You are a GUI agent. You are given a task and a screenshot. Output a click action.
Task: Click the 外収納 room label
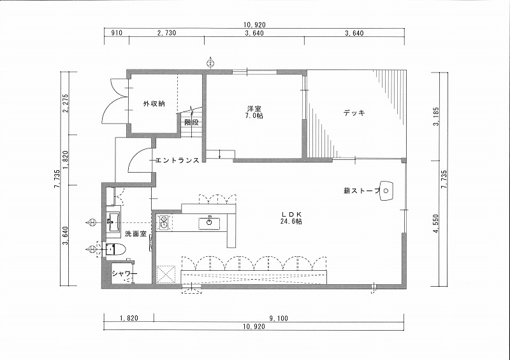(x=154, y=104)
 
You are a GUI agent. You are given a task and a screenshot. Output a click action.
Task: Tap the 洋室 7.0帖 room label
(x=254, y=112)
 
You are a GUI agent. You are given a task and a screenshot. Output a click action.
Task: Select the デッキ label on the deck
(x=354, y=113)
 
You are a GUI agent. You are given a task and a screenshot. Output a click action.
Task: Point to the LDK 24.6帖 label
(x=292, y=218)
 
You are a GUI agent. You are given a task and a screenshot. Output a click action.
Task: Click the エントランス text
(x=177, y=160)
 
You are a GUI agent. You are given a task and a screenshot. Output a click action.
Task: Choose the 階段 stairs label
(x=191, y=122)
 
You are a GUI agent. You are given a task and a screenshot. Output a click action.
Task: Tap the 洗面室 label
(x=136, y=233)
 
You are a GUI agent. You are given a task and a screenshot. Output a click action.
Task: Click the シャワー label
(x=124, y=273)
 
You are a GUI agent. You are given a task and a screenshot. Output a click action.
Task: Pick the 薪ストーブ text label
(x=361, y=191)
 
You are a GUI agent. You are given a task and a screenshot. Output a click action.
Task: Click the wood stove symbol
(x=386, y=190)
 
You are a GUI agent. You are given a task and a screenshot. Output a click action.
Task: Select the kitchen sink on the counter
(x=209, y=223)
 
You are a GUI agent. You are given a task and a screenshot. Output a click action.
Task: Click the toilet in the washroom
(x=115, y=250)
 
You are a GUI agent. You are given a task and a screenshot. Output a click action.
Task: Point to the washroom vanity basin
(x=113, y=222)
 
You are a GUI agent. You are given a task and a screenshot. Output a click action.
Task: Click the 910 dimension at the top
(x=117, y=33)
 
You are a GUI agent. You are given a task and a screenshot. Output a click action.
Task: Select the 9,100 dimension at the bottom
(x=279, y=319)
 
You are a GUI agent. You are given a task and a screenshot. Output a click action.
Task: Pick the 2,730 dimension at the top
(x=166, y=33)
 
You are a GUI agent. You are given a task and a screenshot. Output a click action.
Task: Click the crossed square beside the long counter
(x=166, y=275)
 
